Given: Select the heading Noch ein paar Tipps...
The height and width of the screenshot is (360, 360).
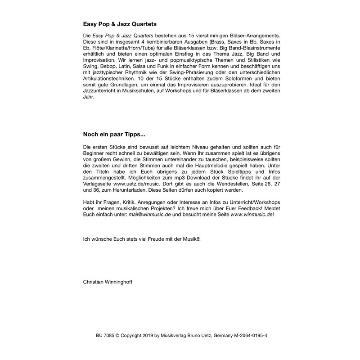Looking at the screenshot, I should pyautogui.click(x=114, y=134).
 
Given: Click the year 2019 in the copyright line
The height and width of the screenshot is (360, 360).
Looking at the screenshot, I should pyautogui.click(x=153, y=335).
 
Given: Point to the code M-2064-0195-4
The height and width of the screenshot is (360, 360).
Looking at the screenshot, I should pyautogui.click(x=248, y=335).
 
